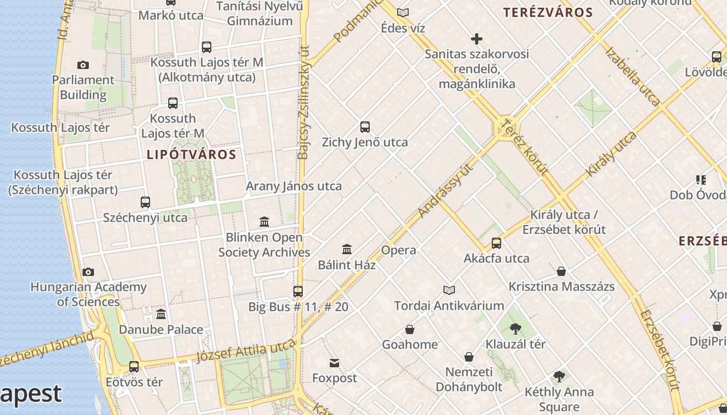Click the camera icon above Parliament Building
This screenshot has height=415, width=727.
point(83,65)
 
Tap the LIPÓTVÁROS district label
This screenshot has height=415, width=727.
point(192,155)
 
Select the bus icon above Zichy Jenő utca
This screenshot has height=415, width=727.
point(365,127)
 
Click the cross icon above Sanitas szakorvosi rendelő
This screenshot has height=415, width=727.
point(476,39)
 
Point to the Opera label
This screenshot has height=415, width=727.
point(398,251)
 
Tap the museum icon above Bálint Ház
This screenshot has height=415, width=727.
point(347,250)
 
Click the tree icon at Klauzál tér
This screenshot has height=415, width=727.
point(515,328)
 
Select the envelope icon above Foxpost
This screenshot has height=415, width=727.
point(334,363)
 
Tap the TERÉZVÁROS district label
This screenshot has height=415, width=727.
point(548,13)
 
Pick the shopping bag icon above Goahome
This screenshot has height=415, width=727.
point(410,329)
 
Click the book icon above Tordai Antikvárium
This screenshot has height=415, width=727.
point(449,290)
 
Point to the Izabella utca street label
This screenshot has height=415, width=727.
point(632,76)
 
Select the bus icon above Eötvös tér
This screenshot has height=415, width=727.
point(134,367)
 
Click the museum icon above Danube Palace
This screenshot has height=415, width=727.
point(161,314)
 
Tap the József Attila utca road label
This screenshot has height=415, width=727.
point(246,352)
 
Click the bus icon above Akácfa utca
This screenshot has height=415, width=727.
point(496,243)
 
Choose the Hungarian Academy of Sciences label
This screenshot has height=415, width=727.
point(88,294)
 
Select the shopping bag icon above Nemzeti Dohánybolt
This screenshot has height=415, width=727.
point(469,357)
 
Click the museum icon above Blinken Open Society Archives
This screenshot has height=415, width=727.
point(264,222)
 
